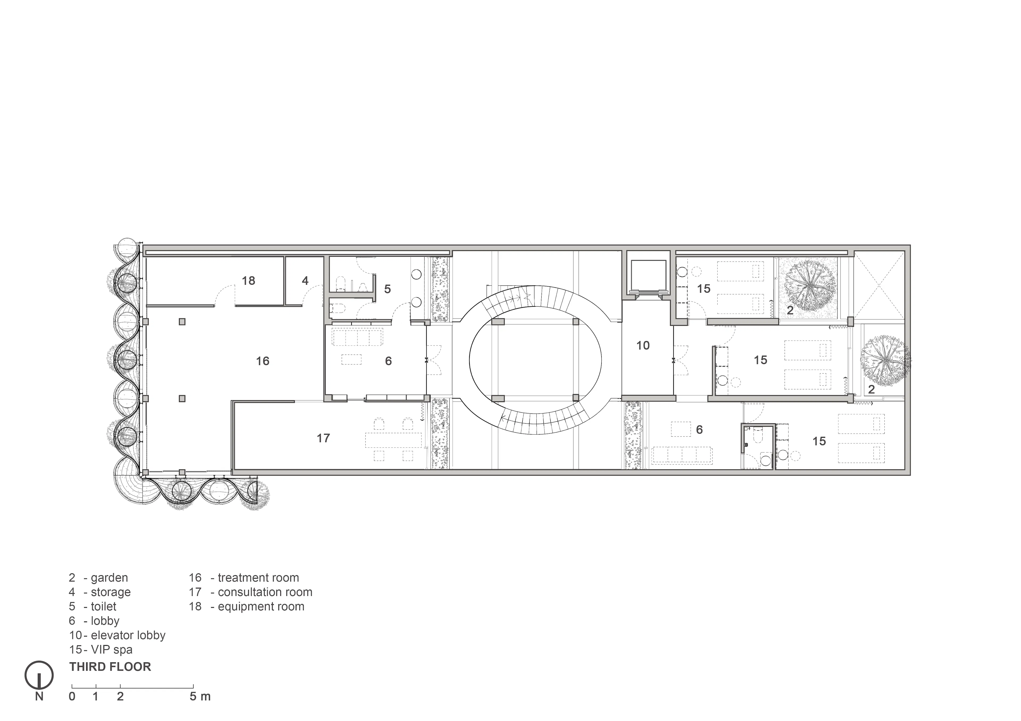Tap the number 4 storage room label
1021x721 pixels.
[x=305, y=281]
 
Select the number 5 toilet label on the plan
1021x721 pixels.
[x=387, y=289]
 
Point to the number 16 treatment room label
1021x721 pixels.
[x=262, y=361]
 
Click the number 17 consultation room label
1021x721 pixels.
[x=323, y=438]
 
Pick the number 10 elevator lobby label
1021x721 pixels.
[x=643, y=345]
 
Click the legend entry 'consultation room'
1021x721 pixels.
[x=265, y=592]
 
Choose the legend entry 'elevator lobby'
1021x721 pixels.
[x=128, y=635]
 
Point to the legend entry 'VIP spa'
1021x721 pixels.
[x=112, y=650]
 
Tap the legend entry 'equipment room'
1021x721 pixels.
[x=261, y=606]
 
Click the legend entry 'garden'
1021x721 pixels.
[x=109, y=578]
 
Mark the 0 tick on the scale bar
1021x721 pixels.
[x=72, y=686]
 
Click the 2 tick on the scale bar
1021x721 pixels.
[x=120, y=686]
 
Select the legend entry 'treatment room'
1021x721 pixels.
[x=258, y=578]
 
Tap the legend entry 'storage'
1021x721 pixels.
[x=111, y=592]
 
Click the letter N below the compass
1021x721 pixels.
[x=39, y=697]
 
